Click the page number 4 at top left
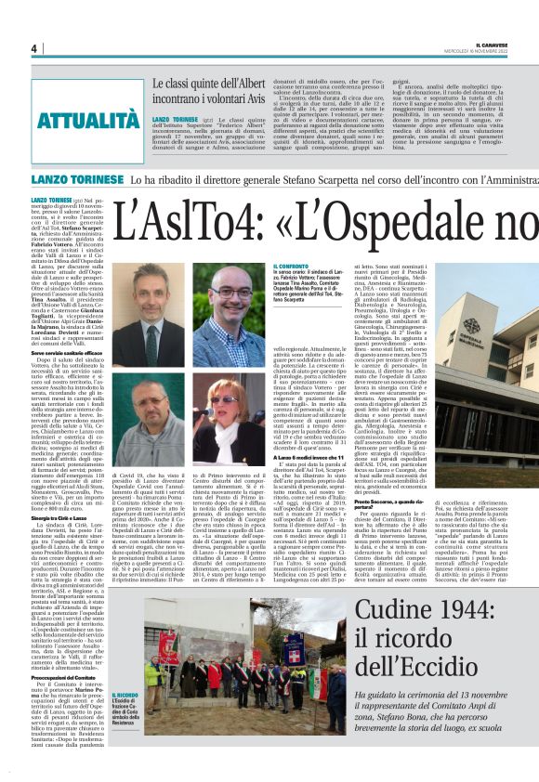pyautogui.click(x=33, y=49)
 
